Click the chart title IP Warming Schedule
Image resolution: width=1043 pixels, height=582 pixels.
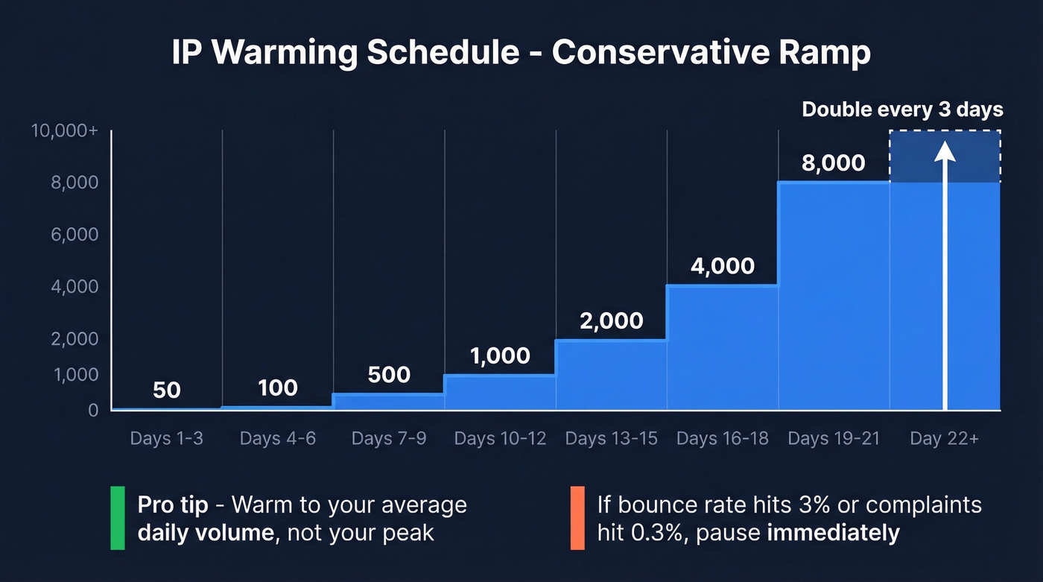point(521,54)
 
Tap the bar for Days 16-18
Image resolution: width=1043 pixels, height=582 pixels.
point(723,347)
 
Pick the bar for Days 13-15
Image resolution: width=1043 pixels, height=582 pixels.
point(611,375)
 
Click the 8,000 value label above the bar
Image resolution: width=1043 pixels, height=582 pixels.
point(833,162)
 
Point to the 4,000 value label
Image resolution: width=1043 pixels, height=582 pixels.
point(722,266)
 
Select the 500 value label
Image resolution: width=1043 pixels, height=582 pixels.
point(389,374)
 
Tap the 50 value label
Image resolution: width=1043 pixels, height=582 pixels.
point(166,390)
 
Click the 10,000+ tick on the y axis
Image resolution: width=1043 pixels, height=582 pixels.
point(65,131)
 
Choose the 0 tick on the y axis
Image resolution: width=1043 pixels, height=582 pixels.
point(93,411)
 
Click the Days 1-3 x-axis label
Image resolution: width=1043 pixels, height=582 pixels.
point(166,438)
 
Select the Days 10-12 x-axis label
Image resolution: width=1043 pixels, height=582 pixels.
point(500,438)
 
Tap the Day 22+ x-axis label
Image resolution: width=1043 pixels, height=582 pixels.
point(944,438)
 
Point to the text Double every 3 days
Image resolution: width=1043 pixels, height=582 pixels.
point(902,110)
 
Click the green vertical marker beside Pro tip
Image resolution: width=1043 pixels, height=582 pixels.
point(118,518)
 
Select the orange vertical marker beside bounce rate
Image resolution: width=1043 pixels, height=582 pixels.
point(577,518)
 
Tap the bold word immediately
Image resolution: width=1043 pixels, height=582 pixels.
point(833,534)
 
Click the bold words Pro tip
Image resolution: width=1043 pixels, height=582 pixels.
point(173,504)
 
